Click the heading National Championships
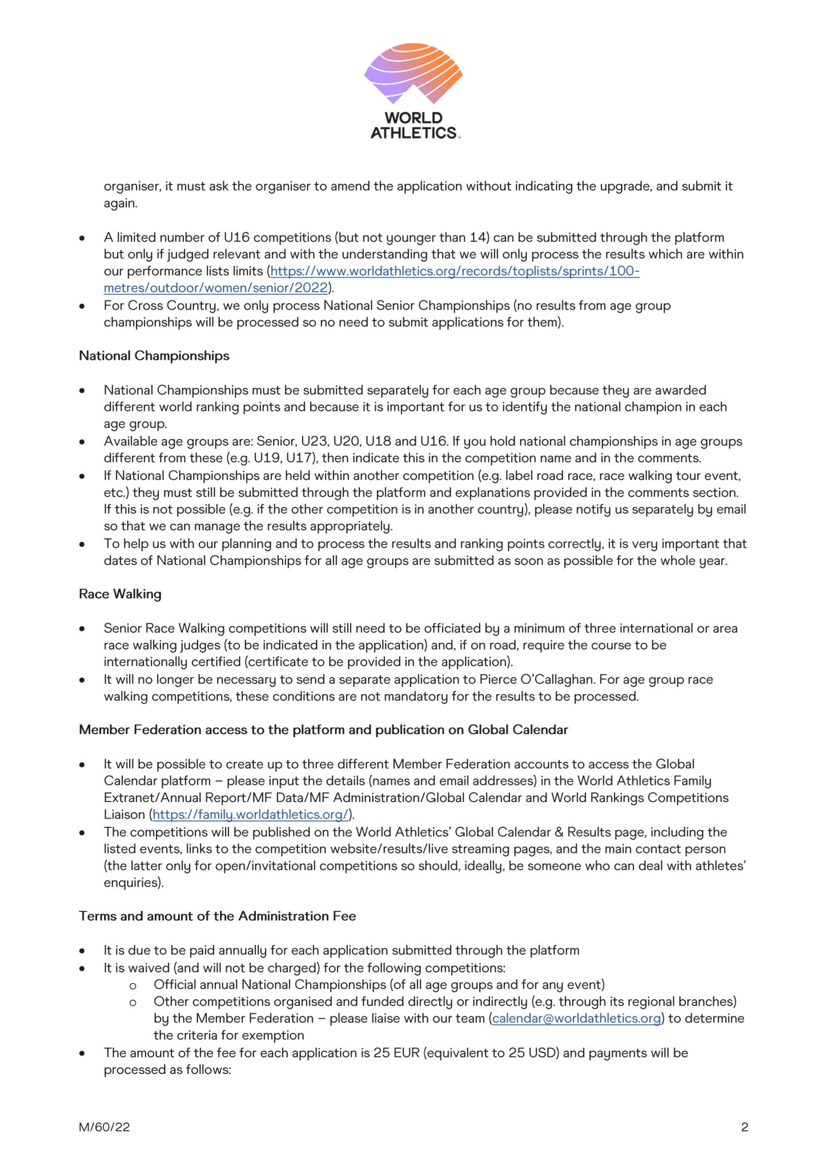pos(154,356)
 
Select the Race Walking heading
pos(120,594)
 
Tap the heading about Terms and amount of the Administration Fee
pos(217,916)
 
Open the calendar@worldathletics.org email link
pos(576,1019)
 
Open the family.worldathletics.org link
pos(251,815)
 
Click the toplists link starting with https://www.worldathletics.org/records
pos(455,271)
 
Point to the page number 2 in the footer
pos(744,1127)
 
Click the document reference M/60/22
pos(105,1127)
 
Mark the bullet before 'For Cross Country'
pos(83,306)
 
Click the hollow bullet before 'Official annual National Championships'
pos(133,985)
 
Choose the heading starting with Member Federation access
pos(323,730)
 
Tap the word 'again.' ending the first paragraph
pos(121,203)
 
